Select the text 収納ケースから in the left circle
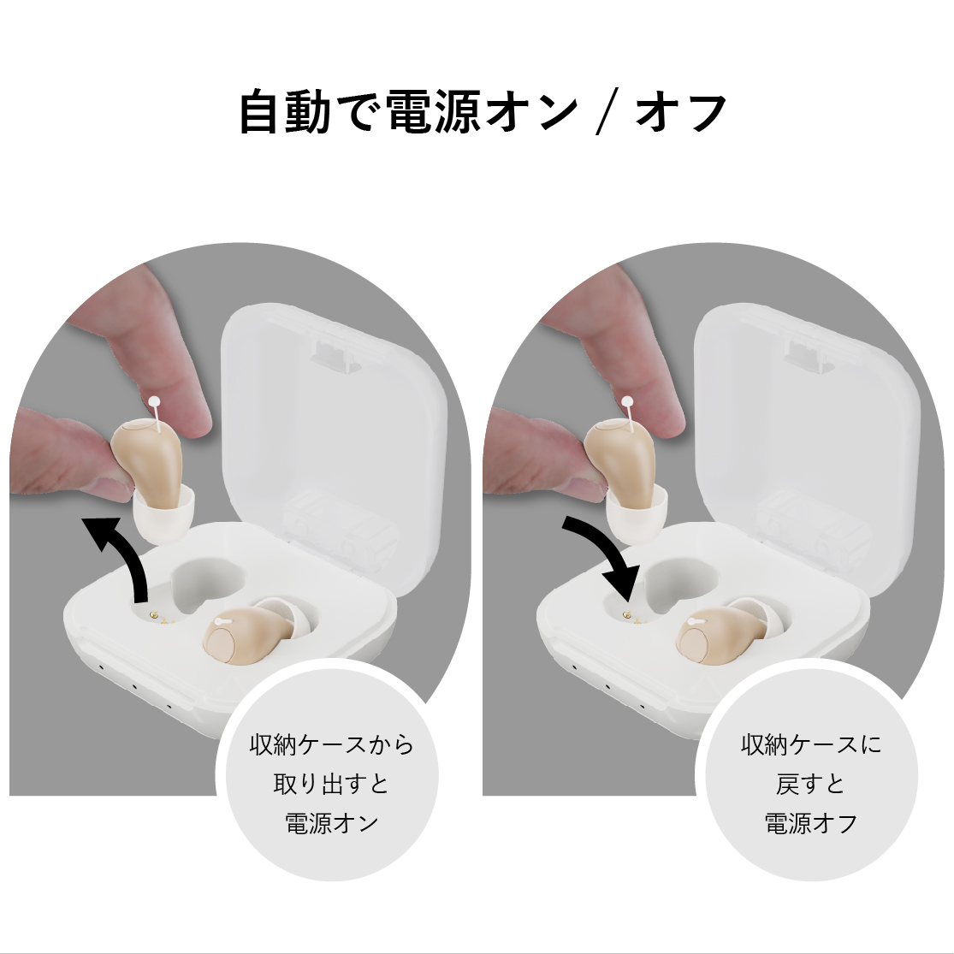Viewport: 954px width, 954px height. pyautogui.click(x=332, y=744)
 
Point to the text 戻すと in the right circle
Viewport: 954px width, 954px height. pyautogui.click(x=810, y=784)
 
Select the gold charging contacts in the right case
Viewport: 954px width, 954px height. pyautogui.click(x=635, y=618)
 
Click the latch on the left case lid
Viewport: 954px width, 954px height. pyautogui.click(x=334, y=355)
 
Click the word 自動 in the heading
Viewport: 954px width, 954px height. pyautogui.click(x=285, y=112)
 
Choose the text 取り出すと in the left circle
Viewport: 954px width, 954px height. pyautogui.click(x=332, y=784)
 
